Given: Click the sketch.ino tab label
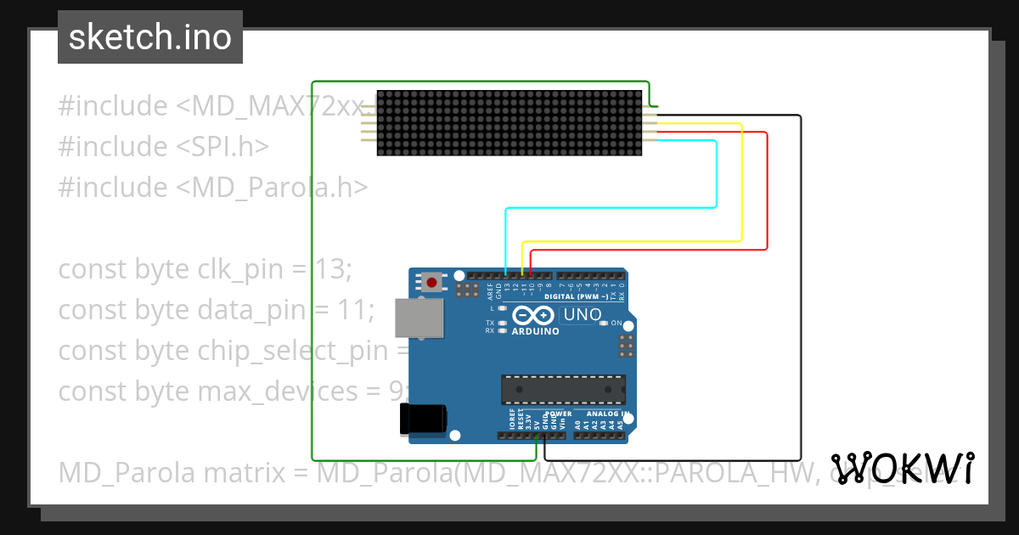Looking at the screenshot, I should (150, 37).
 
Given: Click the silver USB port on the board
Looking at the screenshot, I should (419, 318).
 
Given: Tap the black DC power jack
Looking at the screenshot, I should (422, 420).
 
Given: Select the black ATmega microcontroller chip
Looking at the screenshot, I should (563, 388).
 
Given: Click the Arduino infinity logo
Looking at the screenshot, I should (533, 316).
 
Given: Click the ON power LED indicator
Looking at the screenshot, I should (605, 324).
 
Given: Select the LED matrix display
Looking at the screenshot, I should (509, 124).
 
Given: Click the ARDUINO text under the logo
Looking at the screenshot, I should (535, 331).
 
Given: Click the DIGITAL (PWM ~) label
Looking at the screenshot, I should (574, 297).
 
